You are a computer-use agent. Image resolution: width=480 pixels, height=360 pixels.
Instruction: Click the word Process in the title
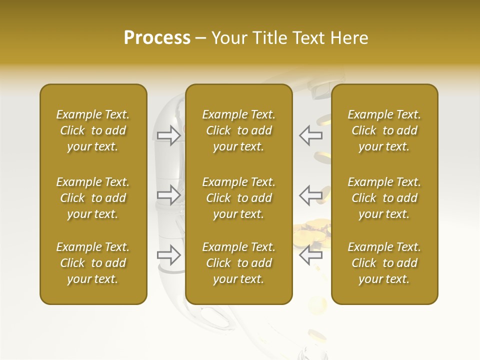pos(157,38)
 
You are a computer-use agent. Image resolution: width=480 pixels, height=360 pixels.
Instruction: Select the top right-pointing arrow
pos(169,135)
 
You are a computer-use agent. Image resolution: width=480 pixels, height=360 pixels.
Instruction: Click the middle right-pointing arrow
pos(169,194)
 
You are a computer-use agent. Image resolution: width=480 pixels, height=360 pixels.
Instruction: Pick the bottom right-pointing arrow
pos(169,255)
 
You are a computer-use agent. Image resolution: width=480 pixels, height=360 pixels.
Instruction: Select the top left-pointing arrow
pos(311,135)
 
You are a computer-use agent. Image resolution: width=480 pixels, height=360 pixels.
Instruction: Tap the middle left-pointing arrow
pos(311,194)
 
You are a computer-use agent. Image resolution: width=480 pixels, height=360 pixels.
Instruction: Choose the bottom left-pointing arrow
pos(311,255)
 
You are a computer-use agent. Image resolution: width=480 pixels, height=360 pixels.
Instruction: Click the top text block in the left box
pos(93,130)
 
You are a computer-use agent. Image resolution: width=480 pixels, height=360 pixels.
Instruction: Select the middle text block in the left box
pos(93,198)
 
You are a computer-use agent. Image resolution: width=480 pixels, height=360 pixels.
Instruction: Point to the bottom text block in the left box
pos(93,263)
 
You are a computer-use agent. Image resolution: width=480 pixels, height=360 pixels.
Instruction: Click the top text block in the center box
pos(238,130)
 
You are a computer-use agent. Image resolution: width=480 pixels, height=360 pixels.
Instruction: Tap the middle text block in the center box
pos(238,198)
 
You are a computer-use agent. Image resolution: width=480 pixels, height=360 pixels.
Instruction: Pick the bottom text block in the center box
pos(238,263)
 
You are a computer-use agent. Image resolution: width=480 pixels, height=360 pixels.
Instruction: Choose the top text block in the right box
pos(384,130)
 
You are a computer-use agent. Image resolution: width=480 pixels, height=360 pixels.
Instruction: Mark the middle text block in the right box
pos(384,198)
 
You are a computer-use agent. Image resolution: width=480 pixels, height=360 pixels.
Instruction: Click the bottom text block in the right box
pos(384,263)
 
